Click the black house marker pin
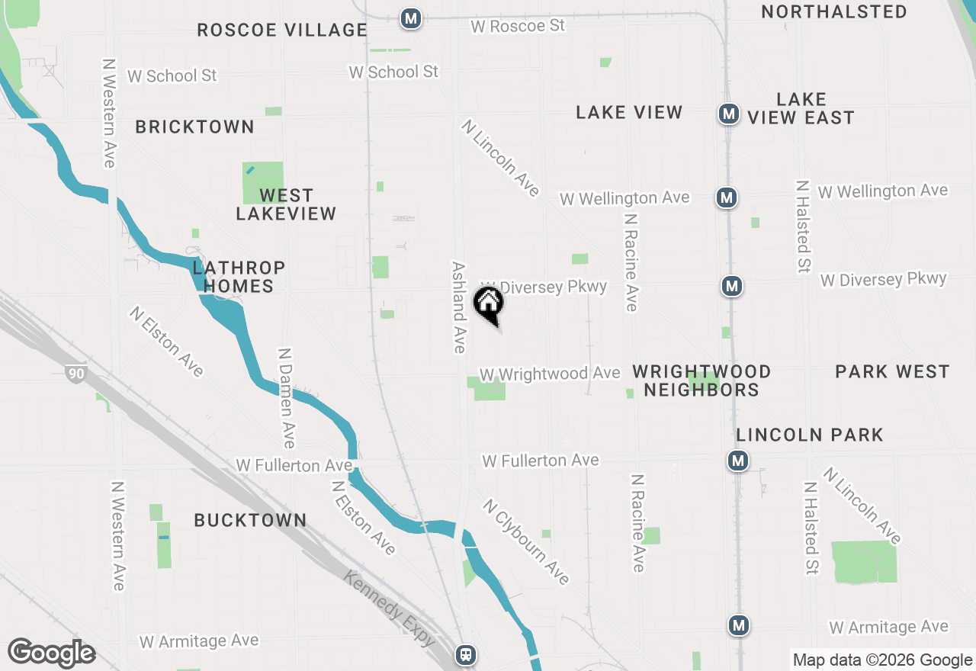coord(489,303)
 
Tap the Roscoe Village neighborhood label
coord(282,30)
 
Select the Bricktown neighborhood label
coord(194,127)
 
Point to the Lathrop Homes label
coord(239,277)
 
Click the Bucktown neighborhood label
coord(250,521)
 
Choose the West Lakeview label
coord(286,204)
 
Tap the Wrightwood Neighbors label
coord(701,380)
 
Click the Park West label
coord(892,372)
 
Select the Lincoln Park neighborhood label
coord(810,435)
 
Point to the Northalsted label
coord(834,12)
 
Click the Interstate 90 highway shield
coord(76,374)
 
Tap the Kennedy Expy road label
coord(389,608)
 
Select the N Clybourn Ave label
coord(526,541)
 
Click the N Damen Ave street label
coord(286,398)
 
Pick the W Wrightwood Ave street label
coord(549,374)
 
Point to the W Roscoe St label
coord(518,26)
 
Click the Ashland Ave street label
coord(458,308)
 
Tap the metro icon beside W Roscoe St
coord(412,18)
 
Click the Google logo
coord(51,653)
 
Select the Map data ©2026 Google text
coord(882,660)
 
